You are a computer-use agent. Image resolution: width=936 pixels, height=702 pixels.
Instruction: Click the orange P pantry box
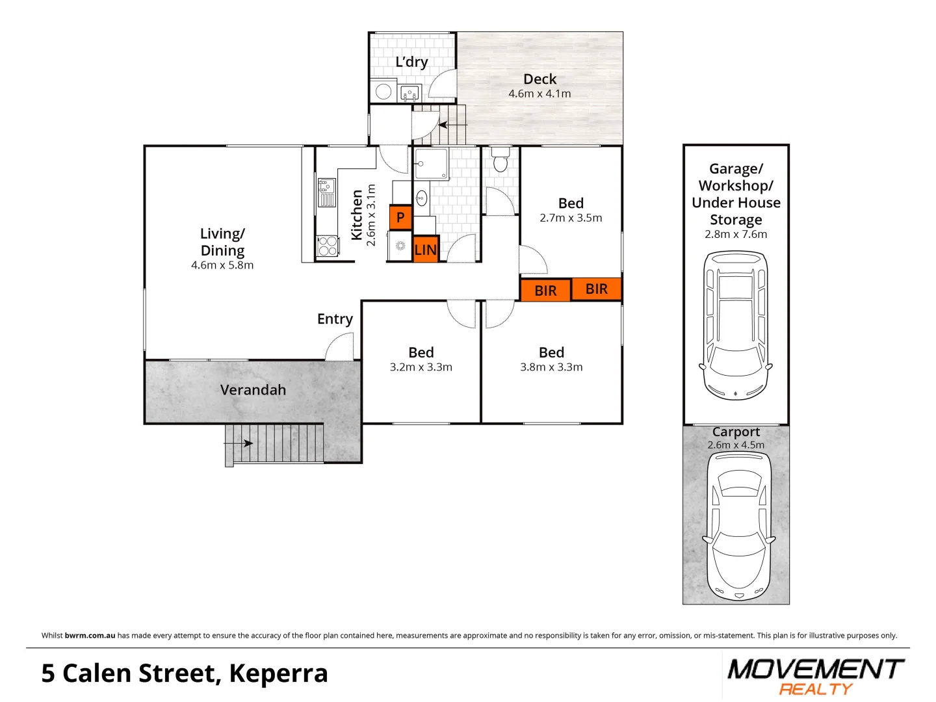point(400,218)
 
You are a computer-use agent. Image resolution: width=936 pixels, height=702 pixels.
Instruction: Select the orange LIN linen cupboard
point(425,250)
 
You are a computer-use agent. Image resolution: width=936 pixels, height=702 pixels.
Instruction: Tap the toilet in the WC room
point(500,159)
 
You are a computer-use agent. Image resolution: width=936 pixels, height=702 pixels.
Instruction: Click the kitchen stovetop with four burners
point(327,246)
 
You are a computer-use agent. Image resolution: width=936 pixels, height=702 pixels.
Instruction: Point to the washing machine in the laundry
point(383,92)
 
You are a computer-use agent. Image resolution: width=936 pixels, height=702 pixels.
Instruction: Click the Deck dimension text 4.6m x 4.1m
point(539,94)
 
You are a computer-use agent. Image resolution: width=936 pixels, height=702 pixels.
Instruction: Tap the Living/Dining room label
point(222,242)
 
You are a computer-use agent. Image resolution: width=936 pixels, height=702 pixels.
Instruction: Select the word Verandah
point(253,390)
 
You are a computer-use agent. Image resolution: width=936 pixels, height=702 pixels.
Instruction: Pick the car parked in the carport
point(738,525)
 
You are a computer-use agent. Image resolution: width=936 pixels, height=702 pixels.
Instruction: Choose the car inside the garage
point(736,325)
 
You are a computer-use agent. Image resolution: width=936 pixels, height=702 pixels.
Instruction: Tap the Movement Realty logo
point(816,676)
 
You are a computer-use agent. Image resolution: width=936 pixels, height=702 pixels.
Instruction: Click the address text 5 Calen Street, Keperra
point(185,673)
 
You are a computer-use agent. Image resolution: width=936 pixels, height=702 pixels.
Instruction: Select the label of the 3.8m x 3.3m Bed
point(551,352)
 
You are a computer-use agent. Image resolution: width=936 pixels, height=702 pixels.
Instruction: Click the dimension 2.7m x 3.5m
point(571,218)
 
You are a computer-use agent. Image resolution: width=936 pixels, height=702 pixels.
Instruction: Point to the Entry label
point(335,319)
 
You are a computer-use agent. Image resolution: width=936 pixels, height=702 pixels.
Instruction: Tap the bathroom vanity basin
point(421,198)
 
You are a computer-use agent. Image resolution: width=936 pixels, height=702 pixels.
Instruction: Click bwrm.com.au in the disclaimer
point(90,636)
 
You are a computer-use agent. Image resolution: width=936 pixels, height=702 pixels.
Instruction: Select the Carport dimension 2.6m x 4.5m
point(736,445)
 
